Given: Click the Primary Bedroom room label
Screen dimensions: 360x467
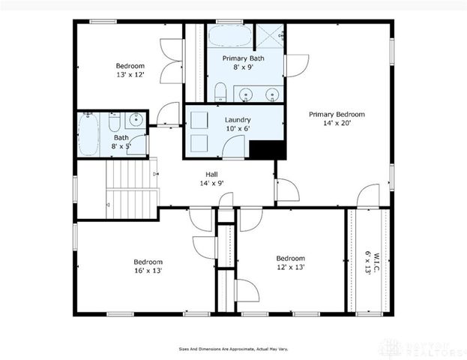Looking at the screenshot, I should point(337,114).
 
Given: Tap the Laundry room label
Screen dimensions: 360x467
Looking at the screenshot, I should point(238,119).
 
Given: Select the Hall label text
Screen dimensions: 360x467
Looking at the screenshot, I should point(211,172).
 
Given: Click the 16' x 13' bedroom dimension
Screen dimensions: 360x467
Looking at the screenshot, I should point(148,270).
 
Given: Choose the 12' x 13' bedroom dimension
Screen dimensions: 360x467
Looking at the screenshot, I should point(290,266).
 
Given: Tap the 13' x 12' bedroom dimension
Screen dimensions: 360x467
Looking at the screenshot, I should point(129,74).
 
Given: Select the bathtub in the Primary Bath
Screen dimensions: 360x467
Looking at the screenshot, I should point(229,37).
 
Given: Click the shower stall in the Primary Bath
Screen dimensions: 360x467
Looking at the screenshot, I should point(270,36).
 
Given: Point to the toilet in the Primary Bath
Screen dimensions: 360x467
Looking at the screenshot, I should point(220,93).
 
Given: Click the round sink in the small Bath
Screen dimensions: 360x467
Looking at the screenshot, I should point(136,119).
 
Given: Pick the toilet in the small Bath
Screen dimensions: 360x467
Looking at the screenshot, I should point(114,121).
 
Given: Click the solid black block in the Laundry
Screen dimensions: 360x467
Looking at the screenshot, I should point(268,148).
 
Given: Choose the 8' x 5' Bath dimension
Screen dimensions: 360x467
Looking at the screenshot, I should point(121,146).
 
